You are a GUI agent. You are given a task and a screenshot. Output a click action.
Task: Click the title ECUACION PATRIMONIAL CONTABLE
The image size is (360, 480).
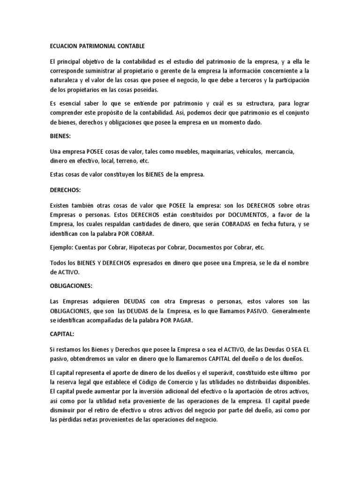97,46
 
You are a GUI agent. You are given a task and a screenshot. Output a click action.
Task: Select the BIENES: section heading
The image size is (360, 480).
61,136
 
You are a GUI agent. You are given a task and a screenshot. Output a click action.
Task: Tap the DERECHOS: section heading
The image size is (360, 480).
66,191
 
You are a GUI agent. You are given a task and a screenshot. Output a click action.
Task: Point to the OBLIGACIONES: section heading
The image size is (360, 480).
71,285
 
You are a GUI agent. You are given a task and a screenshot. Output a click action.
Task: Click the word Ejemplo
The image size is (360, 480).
61,247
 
